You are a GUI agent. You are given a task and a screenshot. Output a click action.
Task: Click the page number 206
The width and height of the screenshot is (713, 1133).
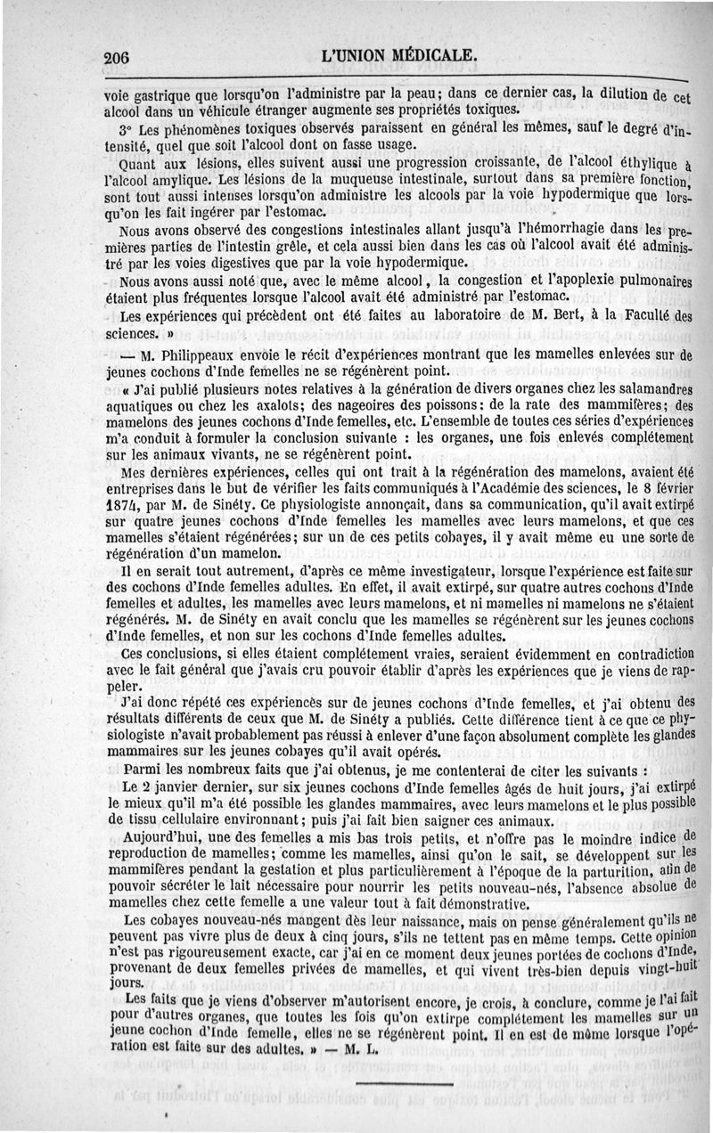[117, 57]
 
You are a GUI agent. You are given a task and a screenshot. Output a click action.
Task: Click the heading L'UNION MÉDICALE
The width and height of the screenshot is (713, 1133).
[402, 55]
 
